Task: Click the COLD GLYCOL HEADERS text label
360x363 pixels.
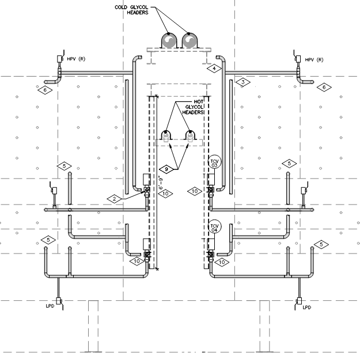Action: [x=131, y=10]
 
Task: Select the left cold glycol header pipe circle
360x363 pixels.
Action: [x=169, y=40]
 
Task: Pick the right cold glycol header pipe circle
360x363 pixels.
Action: [x=190, y=40]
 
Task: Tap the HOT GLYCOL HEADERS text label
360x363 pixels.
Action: [x=193, y=107]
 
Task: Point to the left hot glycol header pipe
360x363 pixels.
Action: [x=166, y=135]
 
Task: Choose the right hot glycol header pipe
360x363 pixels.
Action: [x=190, y=135]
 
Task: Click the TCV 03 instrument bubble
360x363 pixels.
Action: [x=214, y=161]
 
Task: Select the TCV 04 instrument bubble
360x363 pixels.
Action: [x=214, y=226]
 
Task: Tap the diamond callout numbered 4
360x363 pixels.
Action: [x=214, y=69]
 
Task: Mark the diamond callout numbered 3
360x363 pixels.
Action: [x=243, y=82]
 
